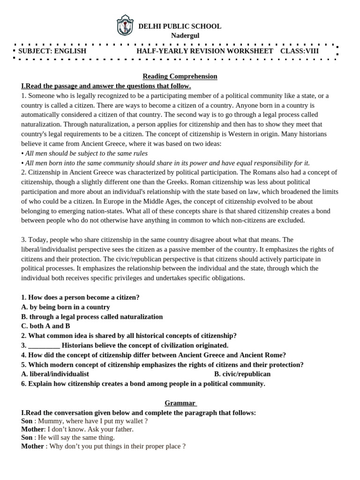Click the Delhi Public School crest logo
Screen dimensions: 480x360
click(x=125, y=25)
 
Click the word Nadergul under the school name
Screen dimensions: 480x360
click(x=180, y=36)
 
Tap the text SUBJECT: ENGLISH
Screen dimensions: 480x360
click(x=52, y=51)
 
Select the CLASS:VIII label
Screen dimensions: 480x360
click(x=300, y=51)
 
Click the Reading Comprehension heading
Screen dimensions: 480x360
click(x=180, y=76)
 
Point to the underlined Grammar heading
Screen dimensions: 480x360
click(x=180, y=403)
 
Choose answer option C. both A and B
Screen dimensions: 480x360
click(x=45, y=326)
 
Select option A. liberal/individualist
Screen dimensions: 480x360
click(x=55, y=374)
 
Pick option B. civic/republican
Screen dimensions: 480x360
click(x=242, y=374)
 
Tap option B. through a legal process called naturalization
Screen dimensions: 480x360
click(x=92, y=316)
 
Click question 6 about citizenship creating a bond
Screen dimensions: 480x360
click(x=143, y=383)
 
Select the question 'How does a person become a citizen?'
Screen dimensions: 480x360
click(x=80, y=297)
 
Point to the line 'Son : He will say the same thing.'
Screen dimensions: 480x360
click(x=68, y=437)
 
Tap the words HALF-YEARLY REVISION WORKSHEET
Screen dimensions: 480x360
click(x=204, y=51)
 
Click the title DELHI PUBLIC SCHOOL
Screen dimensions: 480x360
click(x=180, y=26)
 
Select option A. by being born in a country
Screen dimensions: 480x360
click(x=66, y=307)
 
